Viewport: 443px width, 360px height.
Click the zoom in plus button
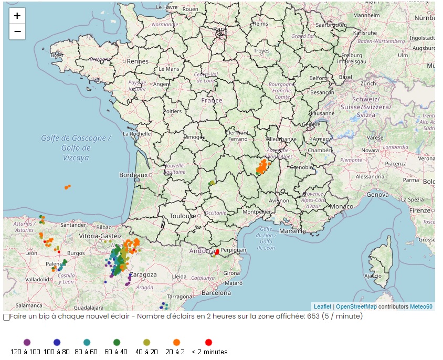tap(17, 16)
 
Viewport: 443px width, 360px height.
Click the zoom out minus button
tap(17, 31)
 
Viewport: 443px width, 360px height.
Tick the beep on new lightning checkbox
tap(6, 317)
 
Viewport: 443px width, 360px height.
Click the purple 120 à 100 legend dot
tap(27, 342)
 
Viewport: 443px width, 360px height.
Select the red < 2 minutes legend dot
tap(208, 342)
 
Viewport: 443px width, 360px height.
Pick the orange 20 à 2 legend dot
tap(176, 342)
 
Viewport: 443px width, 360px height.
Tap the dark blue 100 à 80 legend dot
tap(57, 342)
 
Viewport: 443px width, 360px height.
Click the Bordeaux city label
tap(133, 175)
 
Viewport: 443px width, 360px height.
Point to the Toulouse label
tap(183, 216)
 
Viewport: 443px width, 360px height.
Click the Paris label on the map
tap(220, 30)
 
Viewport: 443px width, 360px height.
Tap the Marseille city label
tap(292, 231)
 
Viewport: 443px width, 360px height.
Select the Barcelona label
tap(216, 292)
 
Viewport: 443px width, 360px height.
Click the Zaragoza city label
tap(143, 274)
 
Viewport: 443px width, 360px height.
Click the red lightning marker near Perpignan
tap(217, 252)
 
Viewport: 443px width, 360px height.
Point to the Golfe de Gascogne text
tap(77, 139)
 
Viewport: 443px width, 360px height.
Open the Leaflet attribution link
tap(322, 306)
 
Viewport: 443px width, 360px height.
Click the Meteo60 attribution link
tap(421, 306)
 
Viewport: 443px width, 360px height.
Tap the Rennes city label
tap(138, 61)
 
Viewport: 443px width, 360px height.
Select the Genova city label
tap(378, 194)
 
